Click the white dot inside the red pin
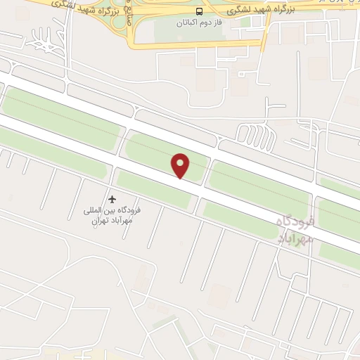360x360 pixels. (x=181, y=163)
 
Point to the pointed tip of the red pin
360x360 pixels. (x=181, y=178)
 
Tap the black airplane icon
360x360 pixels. (x=111, y=200)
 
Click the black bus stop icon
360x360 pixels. (x=200, y=11)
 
